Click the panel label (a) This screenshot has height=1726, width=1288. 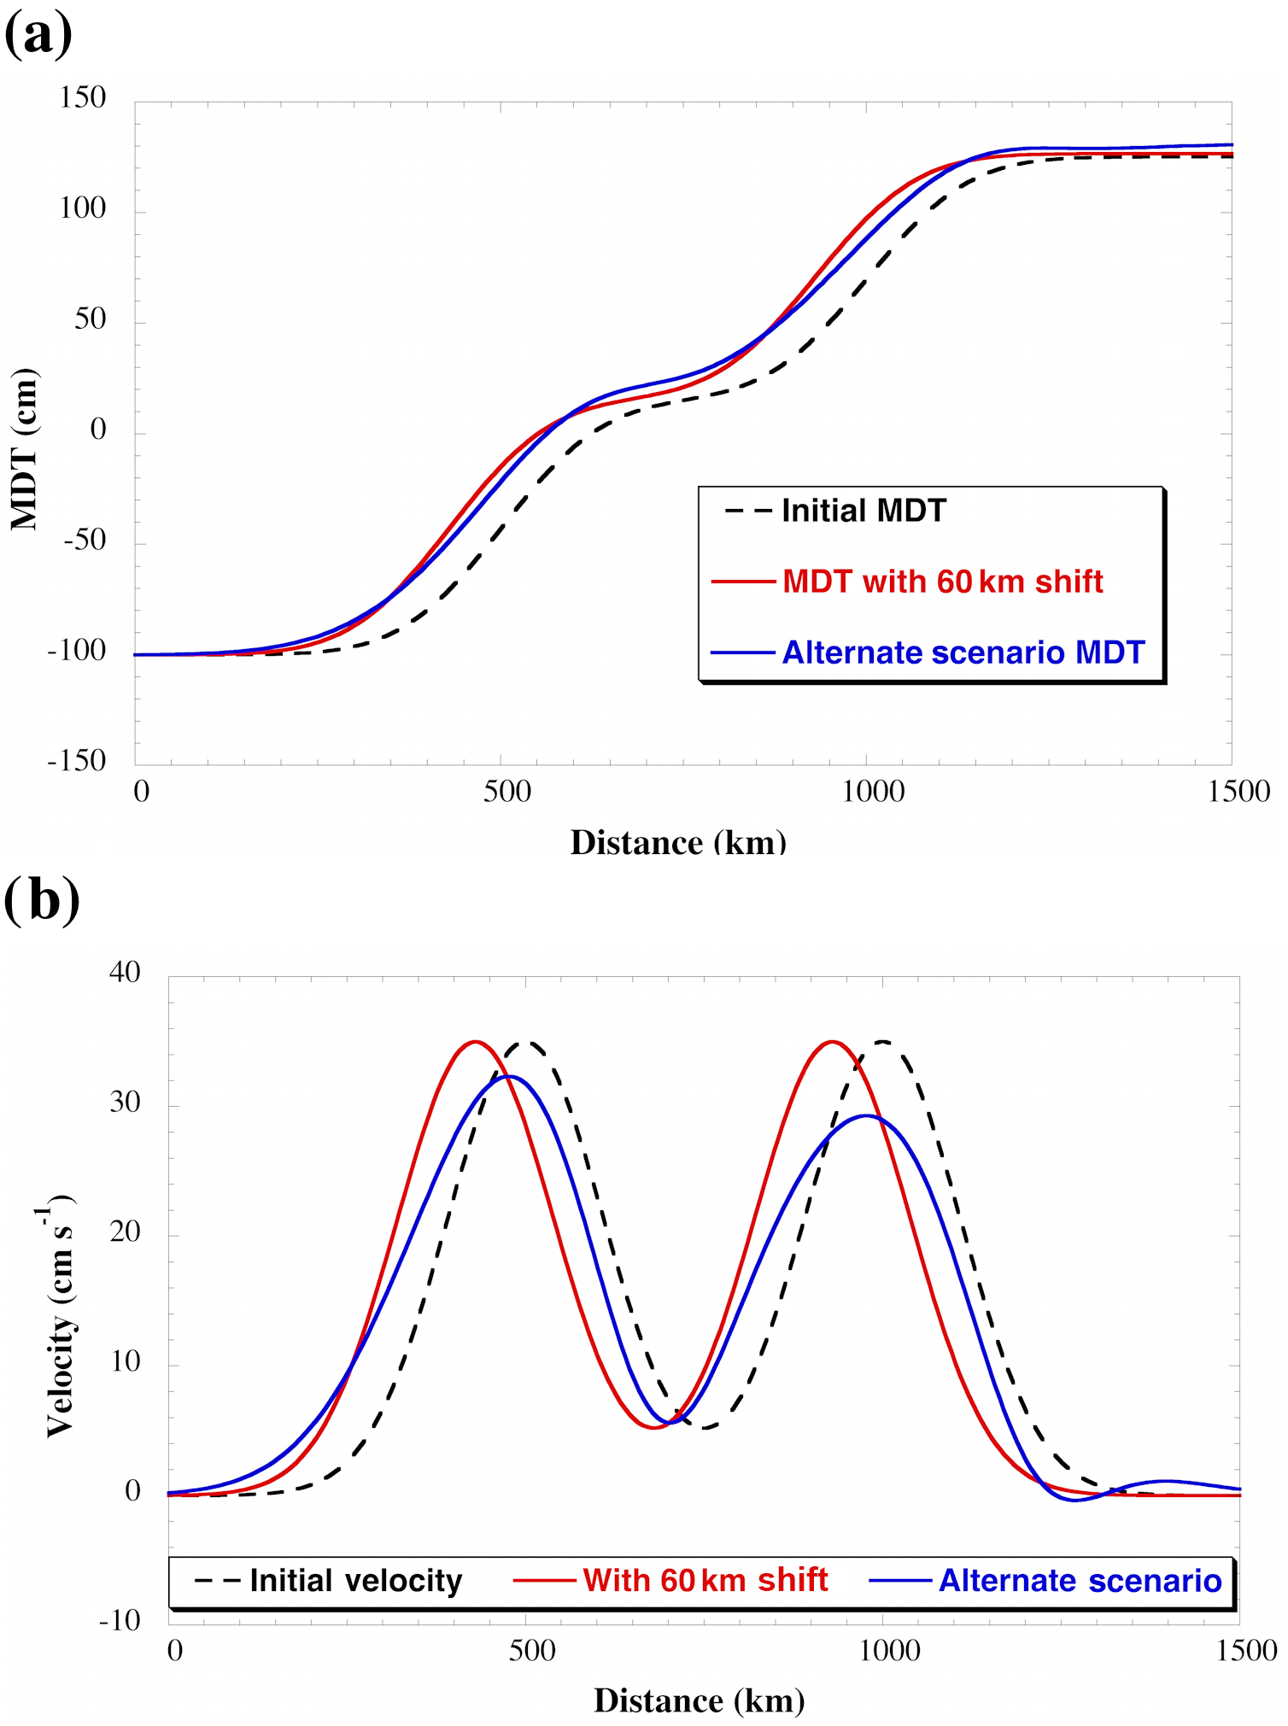click(38, 34)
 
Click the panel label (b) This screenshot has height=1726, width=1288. click(42, 900)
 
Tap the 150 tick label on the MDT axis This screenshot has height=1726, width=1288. click(83, 97)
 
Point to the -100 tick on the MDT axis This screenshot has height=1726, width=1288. click(77, 651)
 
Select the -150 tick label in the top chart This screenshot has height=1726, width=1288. click(77, 760)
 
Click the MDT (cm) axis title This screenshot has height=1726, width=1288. click(24, 449)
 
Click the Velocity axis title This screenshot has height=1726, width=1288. click(60, 1315)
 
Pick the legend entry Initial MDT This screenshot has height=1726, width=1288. click(864, 511)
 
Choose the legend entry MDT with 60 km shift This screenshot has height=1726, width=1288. click(942, 582)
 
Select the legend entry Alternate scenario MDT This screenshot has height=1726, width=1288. click(963, 652)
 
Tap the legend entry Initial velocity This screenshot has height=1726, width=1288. click(355, 1581)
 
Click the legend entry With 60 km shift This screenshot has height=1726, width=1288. click(705, 1580)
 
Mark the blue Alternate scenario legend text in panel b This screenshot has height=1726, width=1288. click(1080, 1581)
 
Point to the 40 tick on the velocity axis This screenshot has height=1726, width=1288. click(125, 972)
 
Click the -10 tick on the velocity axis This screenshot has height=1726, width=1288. click(120, 1620)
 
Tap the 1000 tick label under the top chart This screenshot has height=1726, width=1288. click(873, 792)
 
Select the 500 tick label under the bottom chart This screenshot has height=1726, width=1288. click(532, 1650)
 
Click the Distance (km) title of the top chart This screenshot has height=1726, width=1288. click(678, 843)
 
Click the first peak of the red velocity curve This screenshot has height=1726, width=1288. click(476, 1041)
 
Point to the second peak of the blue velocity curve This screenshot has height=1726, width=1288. click(866, 1115)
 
